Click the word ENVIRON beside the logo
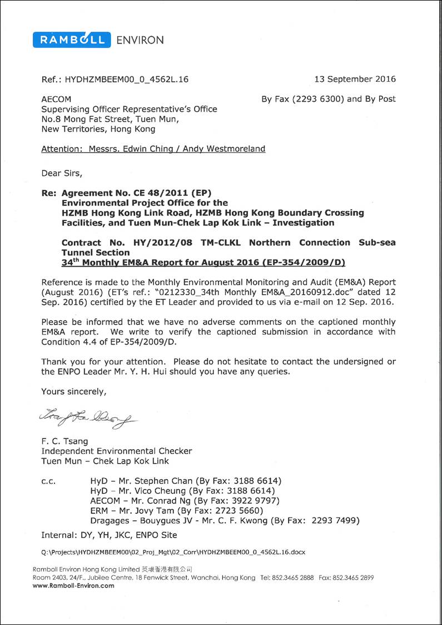click(x=140, y=40)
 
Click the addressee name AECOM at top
click(x=56, y=100)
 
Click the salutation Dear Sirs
click(x=61, y=173)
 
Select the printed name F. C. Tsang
click(x=64, y=441)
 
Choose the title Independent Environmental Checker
click(x=116, y=451)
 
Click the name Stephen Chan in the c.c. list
click(x=168, y=481)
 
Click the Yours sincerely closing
click(x=73, y=392)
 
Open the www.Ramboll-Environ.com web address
click(x=73, y=585)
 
